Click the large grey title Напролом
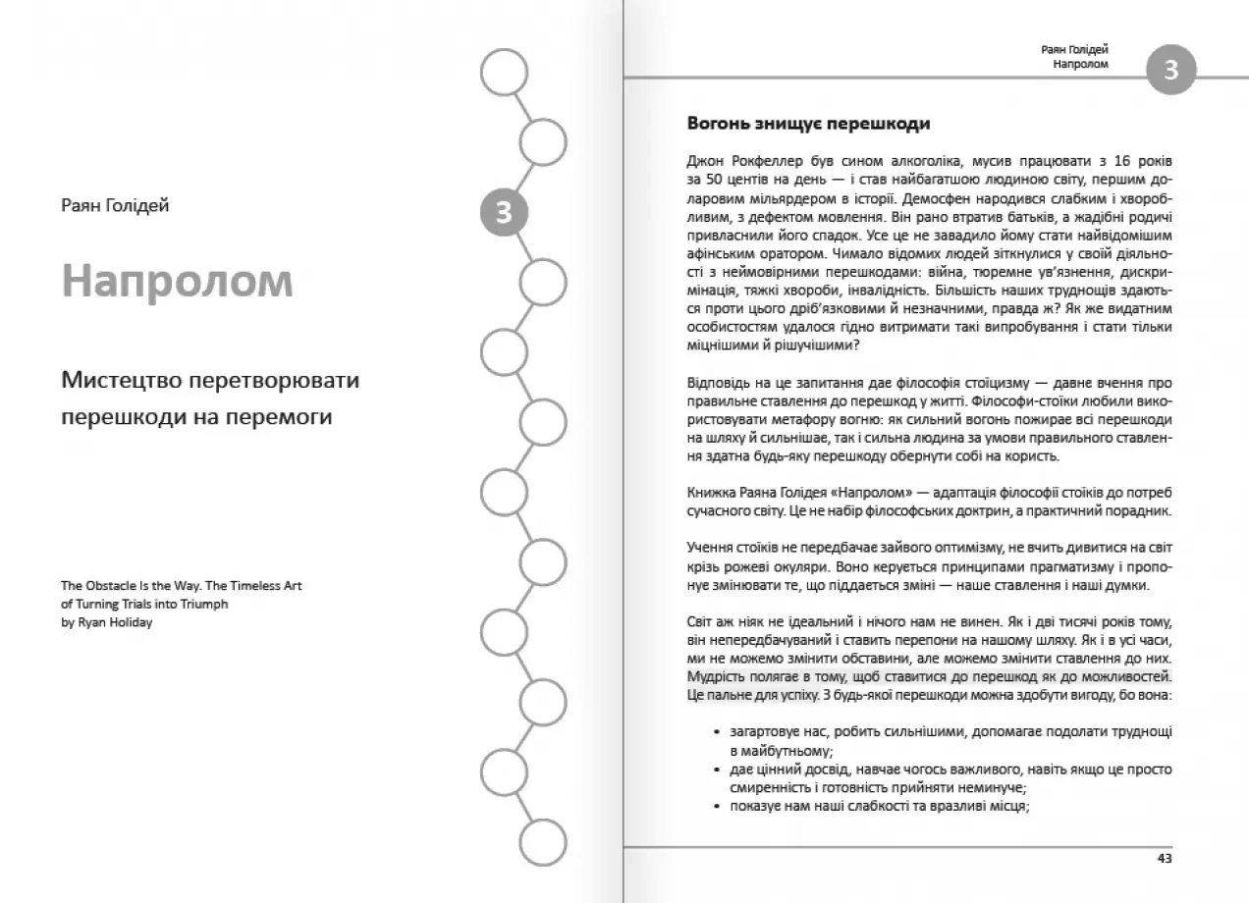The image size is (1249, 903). [177, 281]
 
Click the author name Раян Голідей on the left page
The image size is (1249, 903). [115, 205]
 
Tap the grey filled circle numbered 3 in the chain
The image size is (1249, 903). [504, 212]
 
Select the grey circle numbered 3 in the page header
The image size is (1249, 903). [1170, 71]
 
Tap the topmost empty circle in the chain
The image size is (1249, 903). [504, 73]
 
